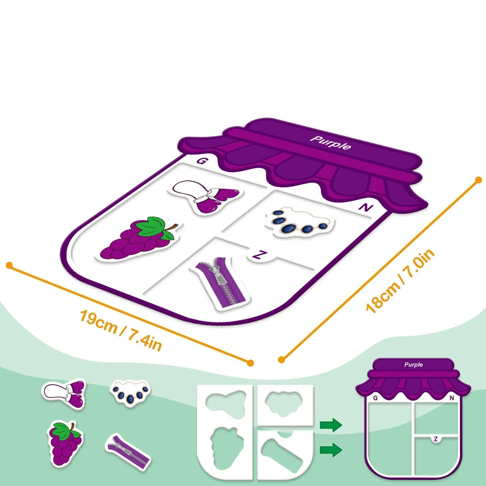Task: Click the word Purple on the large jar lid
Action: pyautogui.click(x=330, y=143)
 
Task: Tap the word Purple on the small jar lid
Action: pyautogui.click(x=413, y=364)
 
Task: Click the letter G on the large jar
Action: pyautogui.click(x=202, y=161)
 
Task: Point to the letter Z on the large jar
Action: pyautogui.click(x=258, y=255)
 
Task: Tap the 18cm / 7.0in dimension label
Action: pyautogui.click(x=400, y=281)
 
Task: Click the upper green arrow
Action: pyautogui.click(x=331, y=425)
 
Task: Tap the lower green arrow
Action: pyautogui.click(x=331, y=450)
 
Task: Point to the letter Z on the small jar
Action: pyautogui.click(x=436, y=439)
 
